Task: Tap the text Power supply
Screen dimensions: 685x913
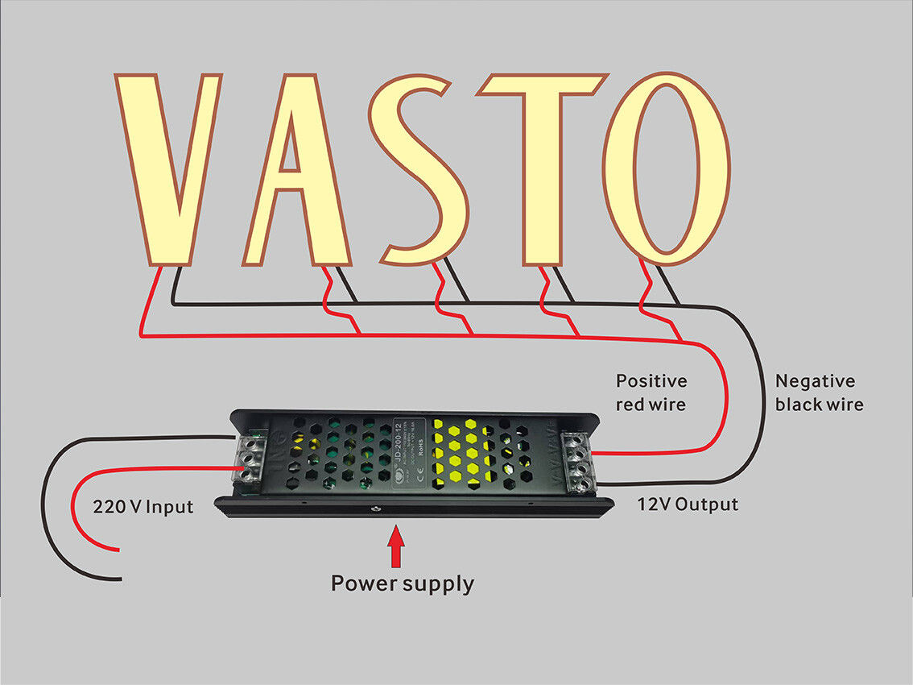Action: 403,583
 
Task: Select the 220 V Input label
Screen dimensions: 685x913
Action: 143,507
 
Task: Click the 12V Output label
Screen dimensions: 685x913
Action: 687,505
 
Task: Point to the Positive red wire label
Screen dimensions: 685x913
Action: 651,392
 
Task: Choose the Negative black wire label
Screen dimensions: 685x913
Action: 819,392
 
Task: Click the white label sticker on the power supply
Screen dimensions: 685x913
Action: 411,450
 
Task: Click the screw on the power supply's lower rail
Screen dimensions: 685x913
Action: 374,509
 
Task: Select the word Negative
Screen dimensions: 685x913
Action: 814,381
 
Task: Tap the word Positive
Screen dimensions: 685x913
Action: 651,380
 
